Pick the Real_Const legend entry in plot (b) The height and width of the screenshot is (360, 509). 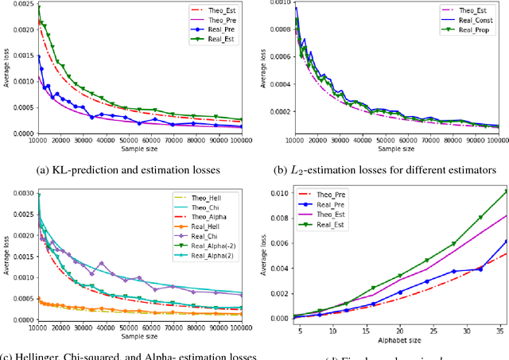pos(467,21)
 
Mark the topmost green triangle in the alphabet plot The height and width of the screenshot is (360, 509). pos(505,192)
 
